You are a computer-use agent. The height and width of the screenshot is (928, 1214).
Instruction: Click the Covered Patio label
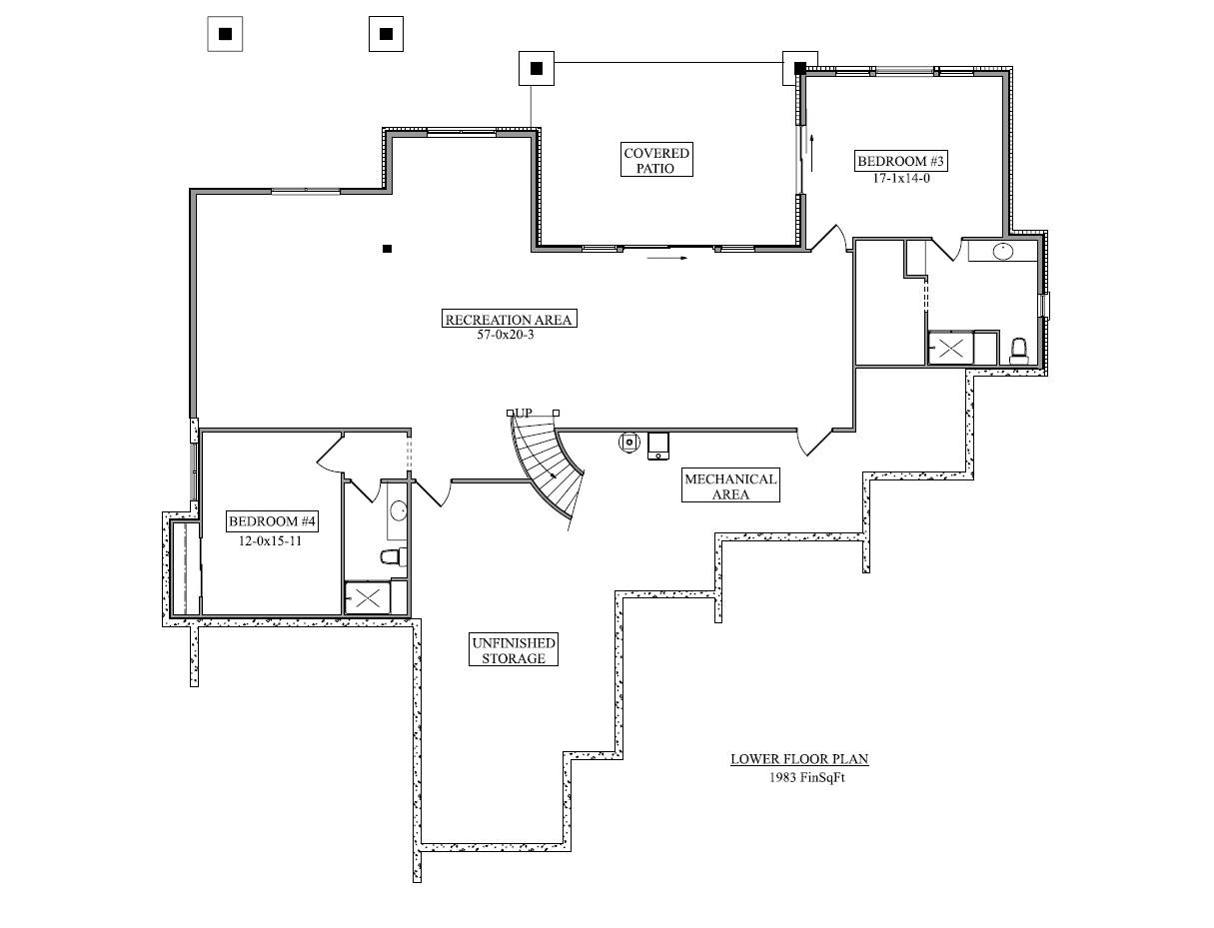point(655,160)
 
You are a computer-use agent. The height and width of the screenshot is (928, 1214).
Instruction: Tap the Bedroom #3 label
point(900,161)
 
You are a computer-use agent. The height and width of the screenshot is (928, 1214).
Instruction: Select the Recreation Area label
point(509,319)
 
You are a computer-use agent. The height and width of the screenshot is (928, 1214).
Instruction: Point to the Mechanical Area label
point(730,485)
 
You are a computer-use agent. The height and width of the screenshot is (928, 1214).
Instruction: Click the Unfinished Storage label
point(514,650)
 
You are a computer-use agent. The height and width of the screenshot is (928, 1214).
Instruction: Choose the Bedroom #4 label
point(272,521)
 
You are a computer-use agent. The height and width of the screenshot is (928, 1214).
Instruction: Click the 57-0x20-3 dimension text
point(506,335)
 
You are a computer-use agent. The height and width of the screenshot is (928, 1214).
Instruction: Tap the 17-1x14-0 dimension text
point(901,178)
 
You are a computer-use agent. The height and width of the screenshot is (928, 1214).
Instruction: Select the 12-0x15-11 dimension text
point(271,540)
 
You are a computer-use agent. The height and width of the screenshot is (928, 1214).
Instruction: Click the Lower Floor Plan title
point(799,759)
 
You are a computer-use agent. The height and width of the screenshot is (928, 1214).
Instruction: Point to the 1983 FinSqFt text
point(807,777)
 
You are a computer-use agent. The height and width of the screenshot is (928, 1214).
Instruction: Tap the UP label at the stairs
point(524,413)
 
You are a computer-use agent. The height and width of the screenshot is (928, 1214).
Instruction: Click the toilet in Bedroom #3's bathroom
point(1019,352)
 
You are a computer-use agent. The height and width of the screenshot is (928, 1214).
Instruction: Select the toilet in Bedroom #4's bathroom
point(394,556)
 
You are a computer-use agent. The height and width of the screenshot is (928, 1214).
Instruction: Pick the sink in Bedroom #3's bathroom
point(1003,252)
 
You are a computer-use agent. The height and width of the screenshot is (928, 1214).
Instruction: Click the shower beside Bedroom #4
point(368,597)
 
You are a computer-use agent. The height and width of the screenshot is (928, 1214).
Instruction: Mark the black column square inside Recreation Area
point(387,249)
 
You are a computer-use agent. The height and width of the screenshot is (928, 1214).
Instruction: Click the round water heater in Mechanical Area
point(629,443)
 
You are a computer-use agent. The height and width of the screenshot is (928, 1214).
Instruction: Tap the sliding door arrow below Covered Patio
point(667,258)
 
